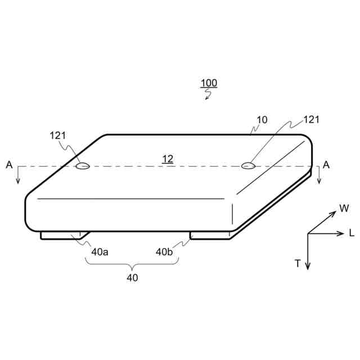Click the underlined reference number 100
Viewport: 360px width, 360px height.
pos(209,83)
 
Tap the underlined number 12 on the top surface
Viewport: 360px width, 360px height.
pos(168,159)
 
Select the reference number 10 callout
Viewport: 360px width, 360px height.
pos(262,120)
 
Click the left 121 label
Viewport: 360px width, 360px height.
pos(58,136)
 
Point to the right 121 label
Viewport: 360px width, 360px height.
pos(311,120)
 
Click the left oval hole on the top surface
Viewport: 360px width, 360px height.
pos(83,166)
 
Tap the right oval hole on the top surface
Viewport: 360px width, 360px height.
pos(248,165)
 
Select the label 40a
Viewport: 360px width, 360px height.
pos(100,252)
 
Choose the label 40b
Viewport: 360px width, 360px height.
pos(164,252)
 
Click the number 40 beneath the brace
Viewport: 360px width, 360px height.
pos(132,278)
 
